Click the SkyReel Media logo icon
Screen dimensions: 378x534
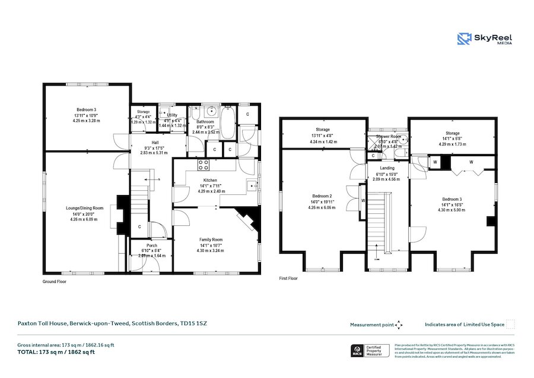(463, 39)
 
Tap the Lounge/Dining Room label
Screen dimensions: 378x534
(85, 208)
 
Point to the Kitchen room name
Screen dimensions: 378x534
(210, 180)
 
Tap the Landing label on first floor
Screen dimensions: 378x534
(387, 168)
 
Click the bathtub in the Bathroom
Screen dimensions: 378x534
(228, 124)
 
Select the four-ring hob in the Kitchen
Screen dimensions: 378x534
(204, 165)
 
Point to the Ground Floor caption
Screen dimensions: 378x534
(54, 281)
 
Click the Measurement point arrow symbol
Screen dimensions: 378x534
(399, 325)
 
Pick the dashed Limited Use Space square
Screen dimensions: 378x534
(510, 325)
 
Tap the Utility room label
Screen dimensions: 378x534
(172, 115)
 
